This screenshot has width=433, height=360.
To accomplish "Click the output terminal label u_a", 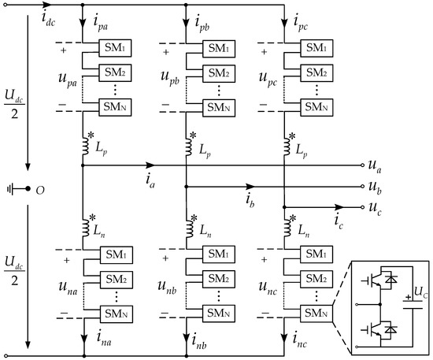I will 374,166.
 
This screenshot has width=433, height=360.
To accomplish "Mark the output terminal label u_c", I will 374,209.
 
